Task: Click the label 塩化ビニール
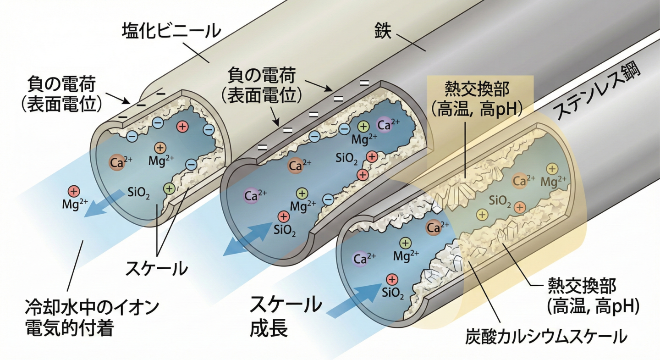coord(171,31)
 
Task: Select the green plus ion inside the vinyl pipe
coord(169,188)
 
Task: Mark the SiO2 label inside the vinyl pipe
coord(139,194)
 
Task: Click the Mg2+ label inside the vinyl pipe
coord(160,161)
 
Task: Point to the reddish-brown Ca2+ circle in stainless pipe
coord(433,227)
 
